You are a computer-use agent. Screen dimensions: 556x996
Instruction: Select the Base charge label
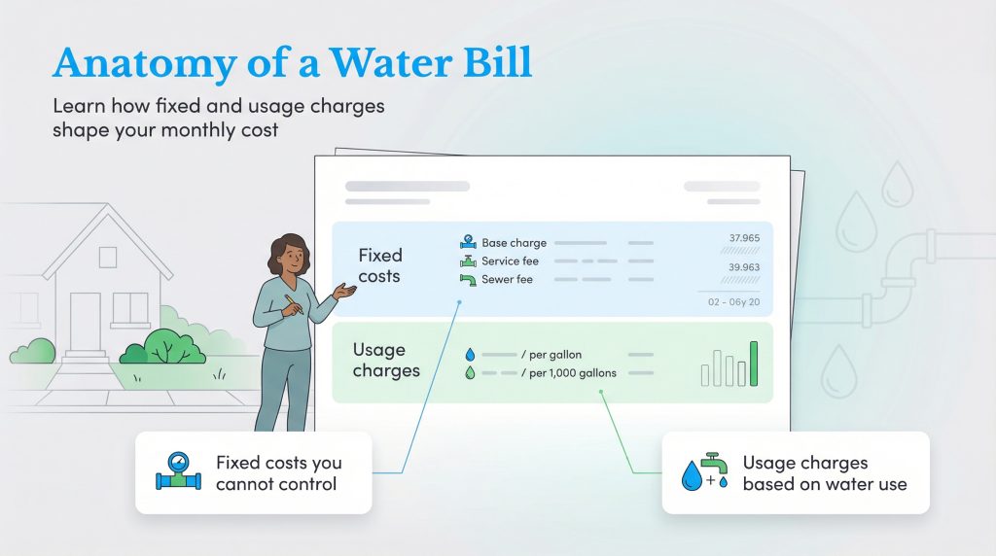pyautogui.click(x=514, y=243)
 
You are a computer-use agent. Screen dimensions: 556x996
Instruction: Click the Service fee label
pyautogui.click(x=510, y=261)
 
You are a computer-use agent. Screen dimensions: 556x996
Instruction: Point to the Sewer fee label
pyautogui.click(x=507, y=280)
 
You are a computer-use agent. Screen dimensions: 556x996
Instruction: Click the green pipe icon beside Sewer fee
pyautogui.click(x=469, y=280)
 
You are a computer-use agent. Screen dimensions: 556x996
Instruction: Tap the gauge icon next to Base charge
pyautogui.click(x=469, y=242)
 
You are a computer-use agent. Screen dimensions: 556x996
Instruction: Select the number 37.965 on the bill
pyautogui.click(x=744, y=238)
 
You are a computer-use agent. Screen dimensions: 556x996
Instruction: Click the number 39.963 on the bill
pyautogui.click(x=744, y=267)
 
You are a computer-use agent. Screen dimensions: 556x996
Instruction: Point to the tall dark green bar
pyautogui.click(x=754, y=364)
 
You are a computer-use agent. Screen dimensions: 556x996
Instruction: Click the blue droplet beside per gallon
pyautogui.click(x=469, y=355)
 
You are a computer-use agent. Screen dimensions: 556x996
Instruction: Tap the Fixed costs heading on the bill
pyautogui.click(x=379, y=265)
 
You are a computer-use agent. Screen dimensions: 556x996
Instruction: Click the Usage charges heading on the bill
pyautogui.click(x=386, y=360)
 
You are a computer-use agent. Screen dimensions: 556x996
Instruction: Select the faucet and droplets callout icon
pyautogui.click(x=705, y=472)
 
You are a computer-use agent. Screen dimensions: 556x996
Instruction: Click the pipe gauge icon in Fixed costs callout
pyautogui.click(x=178, y=472)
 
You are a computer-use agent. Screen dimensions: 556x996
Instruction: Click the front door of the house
pyautogui.click(x=85, y=322)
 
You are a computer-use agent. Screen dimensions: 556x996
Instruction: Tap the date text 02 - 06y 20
pyautogui.click(x=732, y=303)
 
